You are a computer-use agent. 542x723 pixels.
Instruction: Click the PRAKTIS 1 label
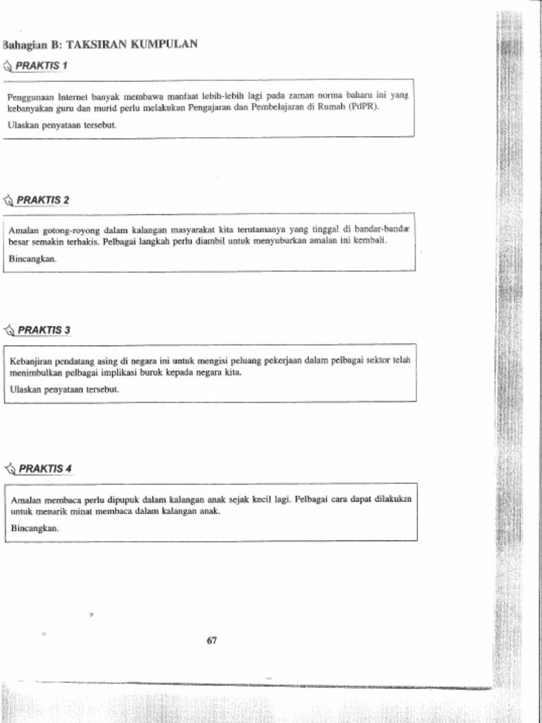click(42, 66)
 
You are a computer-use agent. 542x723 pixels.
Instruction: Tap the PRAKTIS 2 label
click(43, 201)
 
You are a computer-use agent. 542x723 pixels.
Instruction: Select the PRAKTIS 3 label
click(44, 330)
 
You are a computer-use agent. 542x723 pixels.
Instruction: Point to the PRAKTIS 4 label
click(45, 469)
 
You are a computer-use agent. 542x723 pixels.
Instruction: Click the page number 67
click(212, 641)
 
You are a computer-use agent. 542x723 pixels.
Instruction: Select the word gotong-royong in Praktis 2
click(74, 230)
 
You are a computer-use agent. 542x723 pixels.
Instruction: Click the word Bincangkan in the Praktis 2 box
click(32, 259)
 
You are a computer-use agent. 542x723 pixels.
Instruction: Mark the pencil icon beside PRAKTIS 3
click(9, 330)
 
